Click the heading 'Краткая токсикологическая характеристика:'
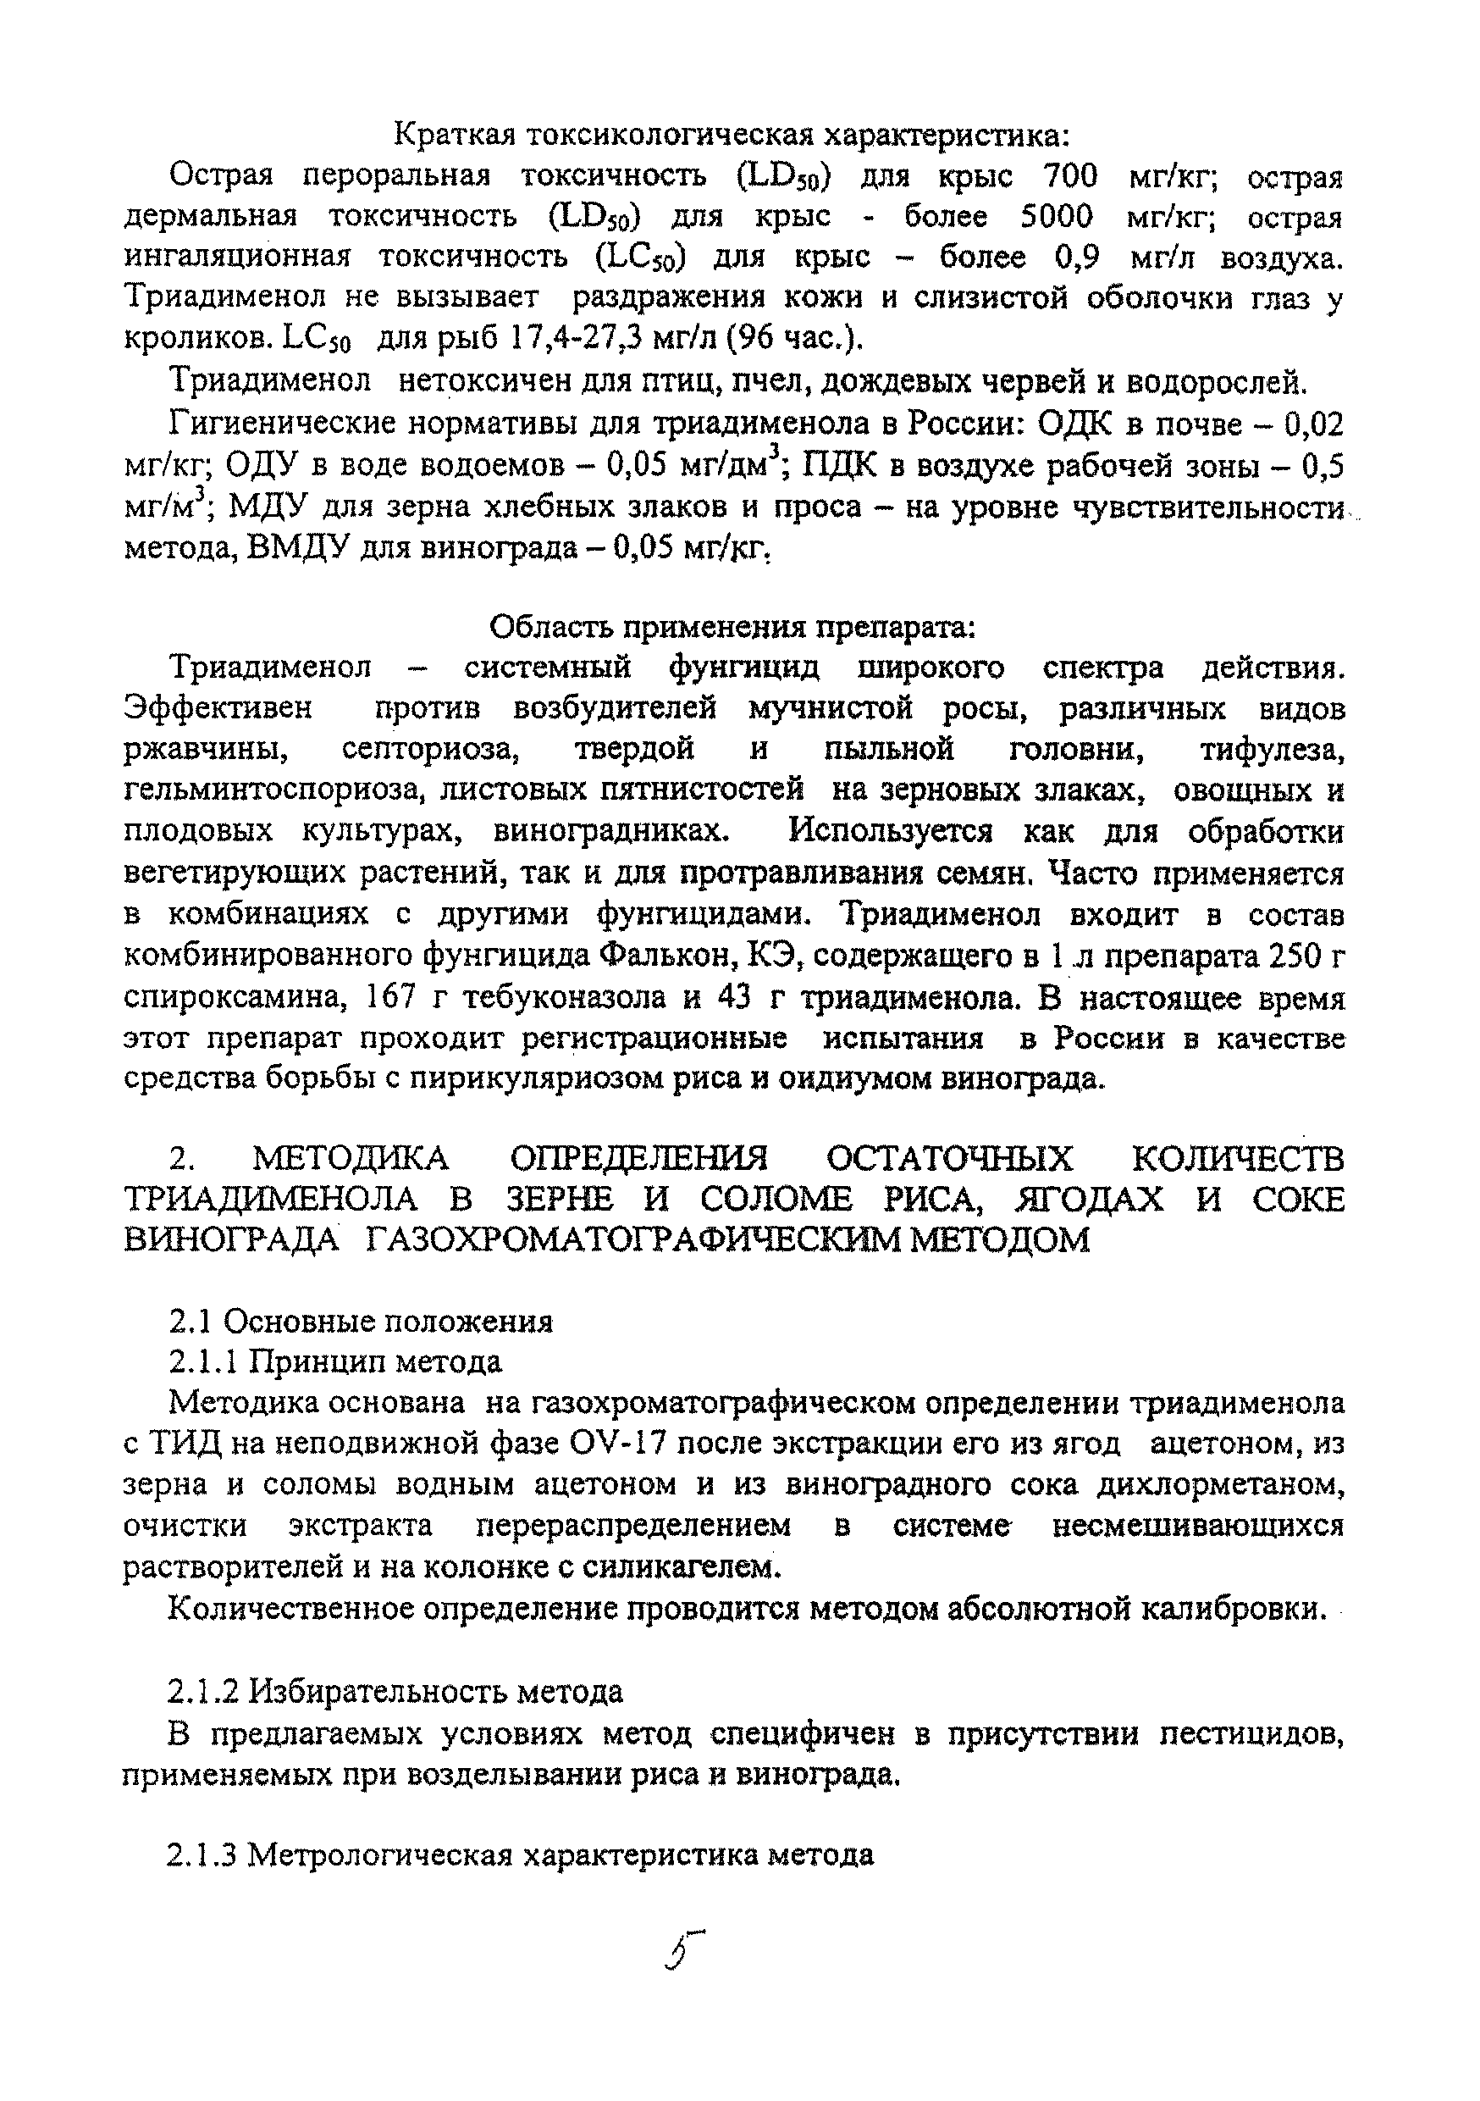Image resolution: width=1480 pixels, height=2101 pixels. [x=732, y=136]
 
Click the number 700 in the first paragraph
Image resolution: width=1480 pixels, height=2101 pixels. [x=1069, y=175]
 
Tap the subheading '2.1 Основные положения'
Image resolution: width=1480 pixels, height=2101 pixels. [x=362, y=1321]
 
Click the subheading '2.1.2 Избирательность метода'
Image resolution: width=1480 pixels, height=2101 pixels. [x=395, y=1690]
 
